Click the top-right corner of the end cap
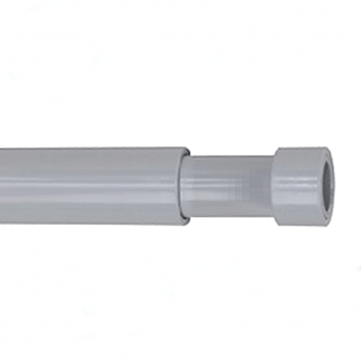pos(326,148)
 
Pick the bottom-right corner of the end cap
pos(326,226)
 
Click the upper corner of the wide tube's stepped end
pos(187,149)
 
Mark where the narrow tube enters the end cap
pos(273,186)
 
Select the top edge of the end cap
pos(300,148)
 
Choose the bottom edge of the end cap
pos(300,226)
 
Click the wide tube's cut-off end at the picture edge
pos(2,186)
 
